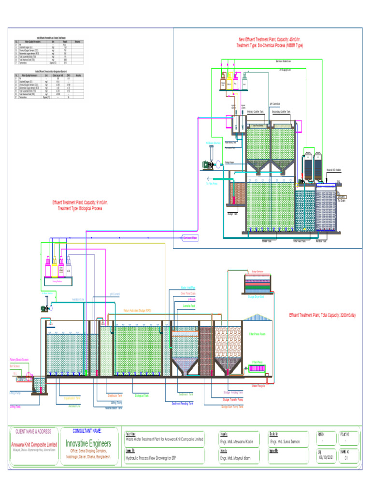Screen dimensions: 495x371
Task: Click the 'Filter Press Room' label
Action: [x=258, y=334]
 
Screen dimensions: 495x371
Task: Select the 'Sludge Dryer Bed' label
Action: [x=256, y=297]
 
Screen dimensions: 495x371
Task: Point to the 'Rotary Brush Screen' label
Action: [x=19, y=360]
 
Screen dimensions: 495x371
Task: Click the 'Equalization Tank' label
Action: [x=72, y=398]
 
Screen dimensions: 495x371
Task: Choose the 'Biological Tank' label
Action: [x=142, y=395]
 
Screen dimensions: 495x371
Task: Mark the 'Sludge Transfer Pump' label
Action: [x=233, y=400]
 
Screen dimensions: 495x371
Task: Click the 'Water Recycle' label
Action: [x=258, y=386]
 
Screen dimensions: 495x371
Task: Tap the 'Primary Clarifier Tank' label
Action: [x=256, y=112]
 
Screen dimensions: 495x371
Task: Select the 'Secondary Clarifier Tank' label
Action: [x=281, y=112]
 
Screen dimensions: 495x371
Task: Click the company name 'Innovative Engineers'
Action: [x=88, y=443]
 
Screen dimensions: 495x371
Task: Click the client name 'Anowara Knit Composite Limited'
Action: [x=34, y=444]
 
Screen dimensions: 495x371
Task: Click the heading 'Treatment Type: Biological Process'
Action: [x=80, y=208]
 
